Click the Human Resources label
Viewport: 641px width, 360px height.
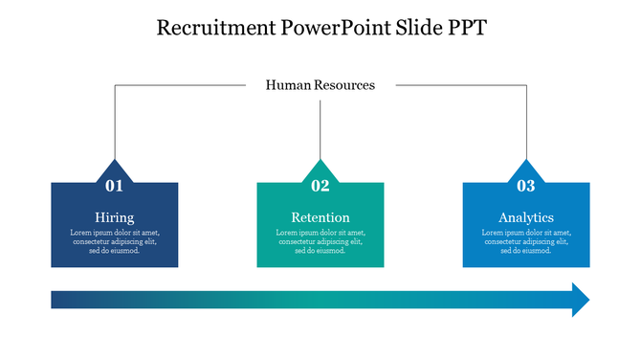pyautogui.click(x=320, y=85)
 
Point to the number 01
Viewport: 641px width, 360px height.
pyautogui.click(x=114, y=186)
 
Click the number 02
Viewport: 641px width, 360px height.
pyautogui.click(x=320, y=186)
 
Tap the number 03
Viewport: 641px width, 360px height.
pyautogui.click(x=526, y=186)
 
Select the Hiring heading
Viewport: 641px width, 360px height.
pyautogui.click(x=114, y=217)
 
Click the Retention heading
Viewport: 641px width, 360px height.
pyautogui.click(x=320, y=217)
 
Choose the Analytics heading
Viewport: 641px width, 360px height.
pyautogui.click(x=526, y=217)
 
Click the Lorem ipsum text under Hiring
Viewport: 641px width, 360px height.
pyautogui.click(x=114, y=241)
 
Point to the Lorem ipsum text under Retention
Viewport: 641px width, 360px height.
pyautogui.click(x=320, y=241)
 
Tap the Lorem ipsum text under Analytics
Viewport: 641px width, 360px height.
pyautogui.click(x=526, y=241)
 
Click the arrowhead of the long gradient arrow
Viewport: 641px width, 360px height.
pyautogui.click(x=580, y=300)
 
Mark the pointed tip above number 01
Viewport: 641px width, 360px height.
pyautogui.click(x=115, y=163)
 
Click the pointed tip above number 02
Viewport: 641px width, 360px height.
pyautogui.click(x=320, y=163)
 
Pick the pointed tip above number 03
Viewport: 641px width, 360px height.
pyautogui.click(x=526, y=163)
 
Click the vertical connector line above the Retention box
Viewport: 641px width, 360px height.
pyautogui.click(x=320, y=129)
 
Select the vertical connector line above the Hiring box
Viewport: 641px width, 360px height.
pyautogui.click(x=115, y=124)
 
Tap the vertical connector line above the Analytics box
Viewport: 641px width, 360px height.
pyautogui.click(x=526, y=124)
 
